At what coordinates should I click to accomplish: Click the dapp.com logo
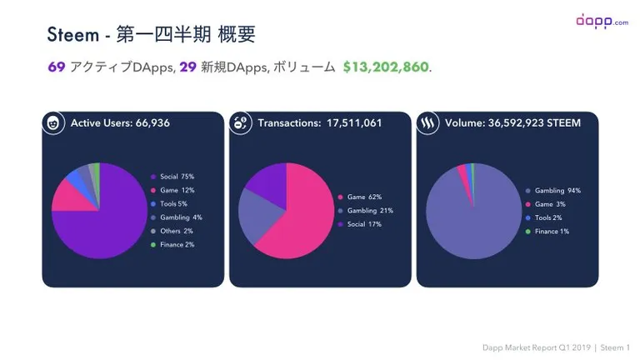pos(602,21)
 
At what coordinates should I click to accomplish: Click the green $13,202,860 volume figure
pos(386,67)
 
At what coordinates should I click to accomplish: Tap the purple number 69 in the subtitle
pos(57,67)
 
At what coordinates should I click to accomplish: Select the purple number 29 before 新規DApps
pos(187,67)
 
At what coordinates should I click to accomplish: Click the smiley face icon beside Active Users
pos(53,122)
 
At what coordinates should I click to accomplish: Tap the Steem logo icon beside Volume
pos(427,122)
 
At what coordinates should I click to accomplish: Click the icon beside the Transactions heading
pos(240,122)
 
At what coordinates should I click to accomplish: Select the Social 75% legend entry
pos(172,177)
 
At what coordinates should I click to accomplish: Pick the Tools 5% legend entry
pos(169,203)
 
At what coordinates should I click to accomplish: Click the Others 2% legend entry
pos(172,231)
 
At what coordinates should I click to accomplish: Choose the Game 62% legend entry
pos(360,197)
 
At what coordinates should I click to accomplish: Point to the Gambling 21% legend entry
pos(365,211)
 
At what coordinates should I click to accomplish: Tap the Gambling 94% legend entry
pos(553,191)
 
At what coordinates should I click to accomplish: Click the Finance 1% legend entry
pos(547,232)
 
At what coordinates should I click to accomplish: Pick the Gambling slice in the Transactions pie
pos(257,214)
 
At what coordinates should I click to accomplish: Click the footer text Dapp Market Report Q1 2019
pos(537,347)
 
